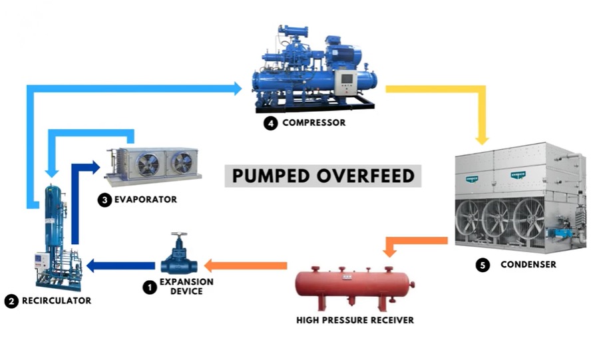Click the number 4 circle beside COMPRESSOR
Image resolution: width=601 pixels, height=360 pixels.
[271, 124]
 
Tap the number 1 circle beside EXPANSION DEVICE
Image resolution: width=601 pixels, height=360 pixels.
[150, 287]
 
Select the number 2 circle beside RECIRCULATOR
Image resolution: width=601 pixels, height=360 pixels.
[11, 301]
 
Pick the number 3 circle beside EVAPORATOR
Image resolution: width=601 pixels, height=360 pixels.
[104, 200]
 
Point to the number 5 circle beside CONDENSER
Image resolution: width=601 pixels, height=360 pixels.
[483, 265]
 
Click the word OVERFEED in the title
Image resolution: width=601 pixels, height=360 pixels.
[365, 176]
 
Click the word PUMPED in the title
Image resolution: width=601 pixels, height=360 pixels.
[271, 176]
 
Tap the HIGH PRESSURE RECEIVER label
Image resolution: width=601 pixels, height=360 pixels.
[355, 320]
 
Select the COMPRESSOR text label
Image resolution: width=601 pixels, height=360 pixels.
[314, 122]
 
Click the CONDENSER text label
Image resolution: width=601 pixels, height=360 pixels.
[528, 265]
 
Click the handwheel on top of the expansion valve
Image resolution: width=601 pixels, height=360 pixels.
[179, 234]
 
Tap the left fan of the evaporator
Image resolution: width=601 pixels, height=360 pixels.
[148, 164]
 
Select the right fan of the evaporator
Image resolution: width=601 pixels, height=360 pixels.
[182, 162]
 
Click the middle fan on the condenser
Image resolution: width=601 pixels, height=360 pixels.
[497, 218]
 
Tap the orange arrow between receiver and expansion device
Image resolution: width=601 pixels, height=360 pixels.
[246, 266]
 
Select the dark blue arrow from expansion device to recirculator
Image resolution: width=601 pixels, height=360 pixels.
[120, 266]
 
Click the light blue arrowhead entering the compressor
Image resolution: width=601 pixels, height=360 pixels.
[237, 89]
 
